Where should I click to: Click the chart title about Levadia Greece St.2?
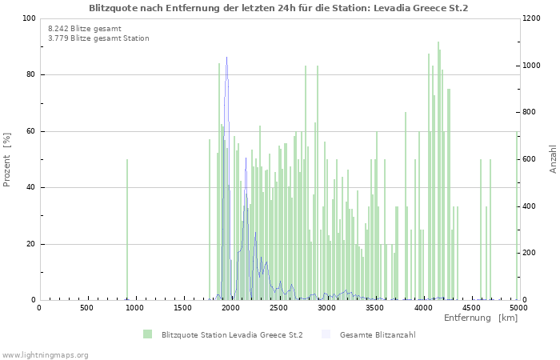click(278, 8)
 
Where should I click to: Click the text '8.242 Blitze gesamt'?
click(85, 28)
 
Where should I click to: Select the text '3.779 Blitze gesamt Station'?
click(98, 38)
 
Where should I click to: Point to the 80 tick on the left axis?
click(30, 75)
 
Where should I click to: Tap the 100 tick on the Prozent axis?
click(28, 18)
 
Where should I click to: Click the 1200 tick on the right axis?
click(534, 18)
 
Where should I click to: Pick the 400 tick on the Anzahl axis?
click(532, 206)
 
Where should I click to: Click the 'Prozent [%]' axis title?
click(8, 160)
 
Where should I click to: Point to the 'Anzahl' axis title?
click(553, 160)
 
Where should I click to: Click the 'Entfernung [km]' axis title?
click(481, 318)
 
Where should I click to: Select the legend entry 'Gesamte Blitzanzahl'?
click(377, 334)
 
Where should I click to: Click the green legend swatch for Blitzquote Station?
click(147, 334)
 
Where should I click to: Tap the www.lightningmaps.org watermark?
click(46, 354)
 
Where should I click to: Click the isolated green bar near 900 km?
click(126, 232)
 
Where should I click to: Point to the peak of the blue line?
click(227, 58)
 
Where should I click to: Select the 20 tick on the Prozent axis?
click(30, 244)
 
